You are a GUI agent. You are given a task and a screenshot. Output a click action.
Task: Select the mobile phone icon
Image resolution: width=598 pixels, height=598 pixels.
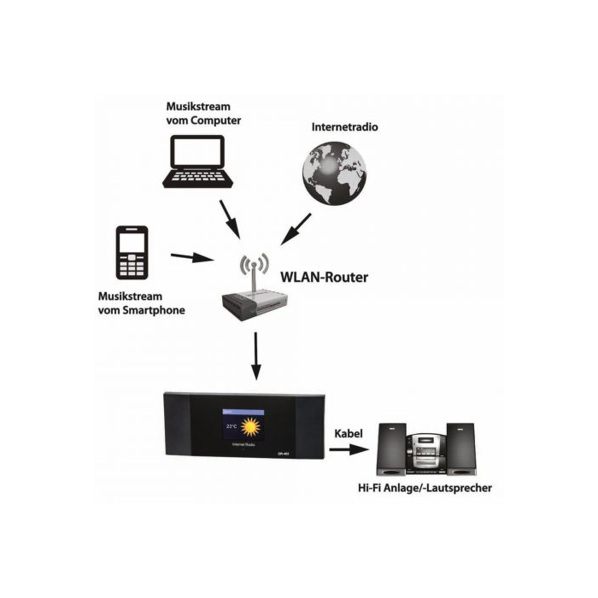click(132, 253)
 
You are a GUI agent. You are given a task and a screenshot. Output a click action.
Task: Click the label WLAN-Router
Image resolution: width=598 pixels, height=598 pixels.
click(328, 278)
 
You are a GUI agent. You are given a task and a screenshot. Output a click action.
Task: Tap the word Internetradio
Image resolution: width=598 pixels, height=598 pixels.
click(345, 126)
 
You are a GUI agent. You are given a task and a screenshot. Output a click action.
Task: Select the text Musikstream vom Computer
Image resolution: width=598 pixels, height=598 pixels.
click(203, 114)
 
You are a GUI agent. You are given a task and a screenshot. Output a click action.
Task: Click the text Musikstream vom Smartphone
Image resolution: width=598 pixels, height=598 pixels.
click(141, 302)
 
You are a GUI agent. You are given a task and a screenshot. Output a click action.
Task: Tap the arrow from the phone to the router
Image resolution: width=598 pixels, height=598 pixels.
click(191, 255)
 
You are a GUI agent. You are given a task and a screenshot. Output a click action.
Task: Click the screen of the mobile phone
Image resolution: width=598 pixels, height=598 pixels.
click(132, 243)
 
